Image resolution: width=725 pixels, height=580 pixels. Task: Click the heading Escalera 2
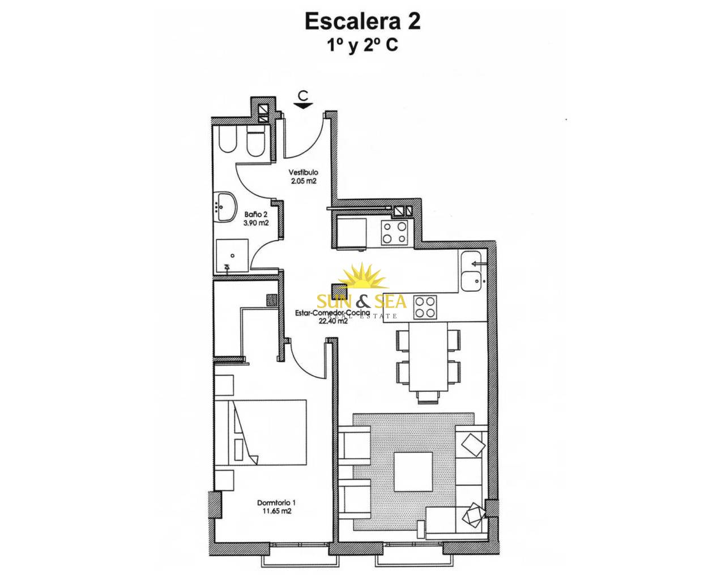362,22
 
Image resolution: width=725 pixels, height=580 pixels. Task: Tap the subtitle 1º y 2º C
362,45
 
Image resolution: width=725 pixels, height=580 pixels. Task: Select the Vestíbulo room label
303,172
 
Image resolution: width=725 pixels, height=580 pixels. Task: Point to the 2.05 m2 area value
303,181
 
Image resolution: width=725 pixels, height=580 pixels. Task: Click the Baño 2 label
253,215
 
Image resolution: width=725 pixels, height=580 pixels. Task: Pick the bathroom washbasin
226,207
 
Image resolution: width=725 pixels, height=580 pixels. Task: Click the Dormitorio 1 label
276,502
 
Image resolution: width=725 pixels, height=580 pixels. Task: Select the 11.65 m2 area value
276,511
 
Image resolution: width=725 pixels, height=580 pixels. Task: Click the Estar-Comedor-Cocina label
332,313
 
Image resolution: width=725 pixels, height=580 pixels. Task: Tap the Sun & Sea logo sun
362,278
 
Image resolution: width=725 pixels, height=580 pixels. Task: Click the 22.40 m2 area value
332,321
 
